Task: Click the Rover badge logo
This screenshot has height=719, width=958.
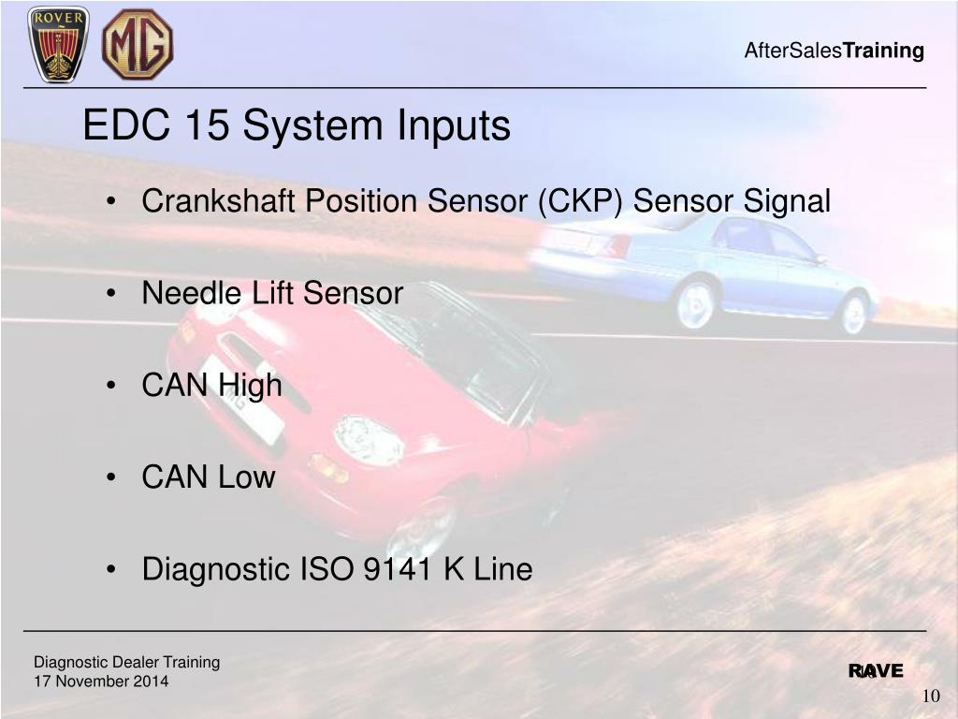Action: point(58,43)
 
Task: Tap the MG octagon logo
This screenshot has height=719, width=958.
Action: point(137,44)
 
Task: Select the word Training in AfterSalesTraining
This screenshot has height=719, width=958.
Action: point(883,51)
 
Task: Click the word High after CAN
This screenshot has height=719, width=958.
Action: point(250,386)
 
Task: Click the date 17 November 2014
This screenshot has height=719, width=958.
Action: point(101,682)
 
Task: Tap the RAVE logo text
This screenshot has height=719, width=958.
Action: point(876,670)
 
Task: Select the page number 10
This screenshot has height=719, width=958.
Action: point(931,696)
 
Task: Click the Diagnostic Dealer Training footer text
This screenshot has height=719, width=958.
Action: point(126,663)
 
